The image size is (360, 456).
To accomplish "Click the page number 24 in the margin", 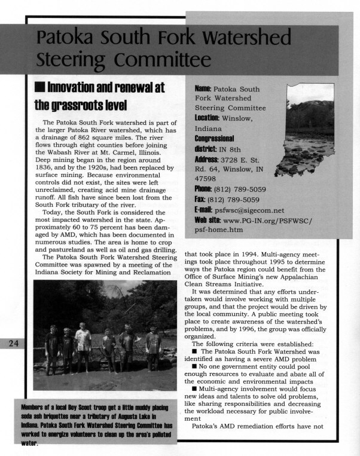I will point(11,343).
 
